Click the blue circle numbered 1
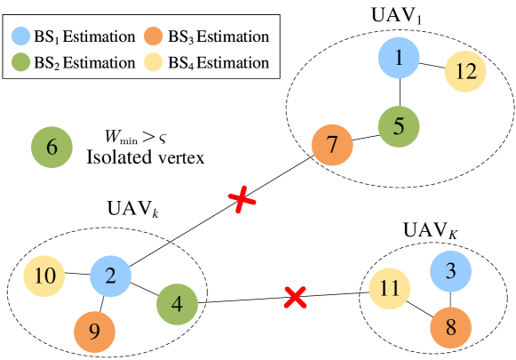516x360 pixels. click(398, 58)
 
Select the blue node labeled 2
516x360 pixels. click(110, 276)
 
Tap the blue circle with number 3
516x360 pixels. click(450, 271)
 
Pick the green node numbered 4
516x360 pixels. click(177, 305)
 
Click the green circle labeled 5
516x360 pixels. click(398, 126)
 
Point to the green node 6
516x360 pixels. click(52, 148)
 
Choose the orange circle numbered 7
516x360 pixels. click(332, 145)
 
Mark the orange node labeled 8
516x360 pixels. click(450, 328)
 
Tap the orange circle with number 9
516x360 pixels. click(94, 332)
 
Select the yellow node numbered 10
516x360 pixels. click(44, 276)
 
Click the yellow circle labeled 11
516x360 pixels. click(389, 289)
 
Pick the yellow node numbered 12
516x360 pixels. click(465, 72)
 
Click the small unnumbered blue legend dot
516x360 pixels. click(21, 36)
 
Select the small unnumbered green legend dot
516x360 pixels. click(21, 62)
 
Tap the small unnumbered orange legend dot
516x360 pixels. click(154, 36)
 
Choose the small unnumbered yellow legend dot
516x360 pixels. click(154, 62)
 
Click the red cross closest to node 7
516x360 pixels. click(242, 200)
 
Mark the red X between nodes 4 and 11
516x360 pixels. click(295, 297)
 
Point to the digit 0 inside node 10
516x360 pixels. click(50, 276)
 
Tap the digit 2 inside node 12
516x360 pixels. click(471, 72)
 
